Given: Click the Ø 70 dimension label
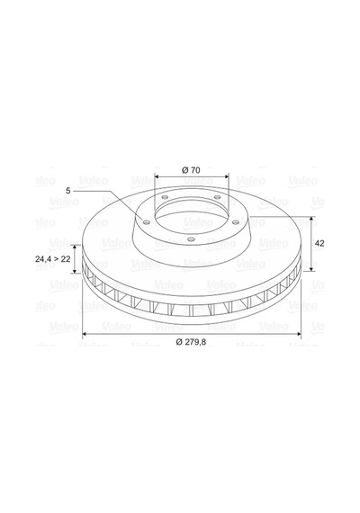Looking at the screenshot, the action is (x=191, y=170).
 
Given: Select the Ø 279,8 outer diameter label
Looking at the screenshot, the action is (x=191, y=342).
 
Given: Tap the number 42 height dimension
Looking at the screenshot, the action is (x=319, y=243).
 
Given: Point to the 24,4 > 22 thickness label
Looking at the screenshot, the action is (x=53, y=259).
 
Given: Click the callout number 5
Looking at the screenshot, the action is (x=68, y=191).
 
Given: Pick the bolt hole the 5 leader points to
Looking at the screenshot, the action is (x=147, y=223).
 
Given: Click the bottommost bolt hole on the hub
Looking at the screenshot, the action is (x=192, y=239).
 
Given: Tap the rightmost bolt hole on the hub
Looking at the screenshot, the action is (x=236, y=222).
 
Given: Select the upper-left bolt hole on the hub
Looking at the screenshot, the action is (x=165, y=197).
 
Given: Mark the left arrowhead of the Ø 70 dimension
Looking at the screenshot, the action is (x=157, y=176).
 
